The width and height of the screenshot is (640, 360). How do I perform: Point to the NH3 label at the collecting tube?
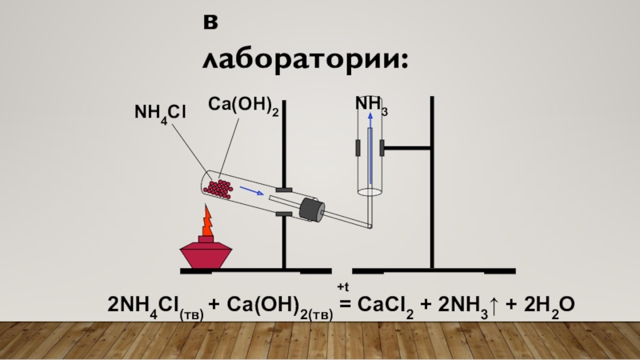[372, 105]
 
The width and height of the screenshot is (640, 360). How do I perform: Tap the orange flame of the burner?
[206, 222]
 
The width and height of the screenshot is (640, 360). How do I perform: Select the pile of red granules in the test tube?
[218, 189]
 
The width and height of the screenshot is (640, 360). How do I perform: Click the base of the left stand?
[256, 271]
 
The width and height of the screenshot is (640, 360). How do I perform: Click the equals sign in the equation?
[346, 305]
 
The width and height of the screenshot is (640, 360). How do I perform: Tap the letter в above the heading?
[210, 25]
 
